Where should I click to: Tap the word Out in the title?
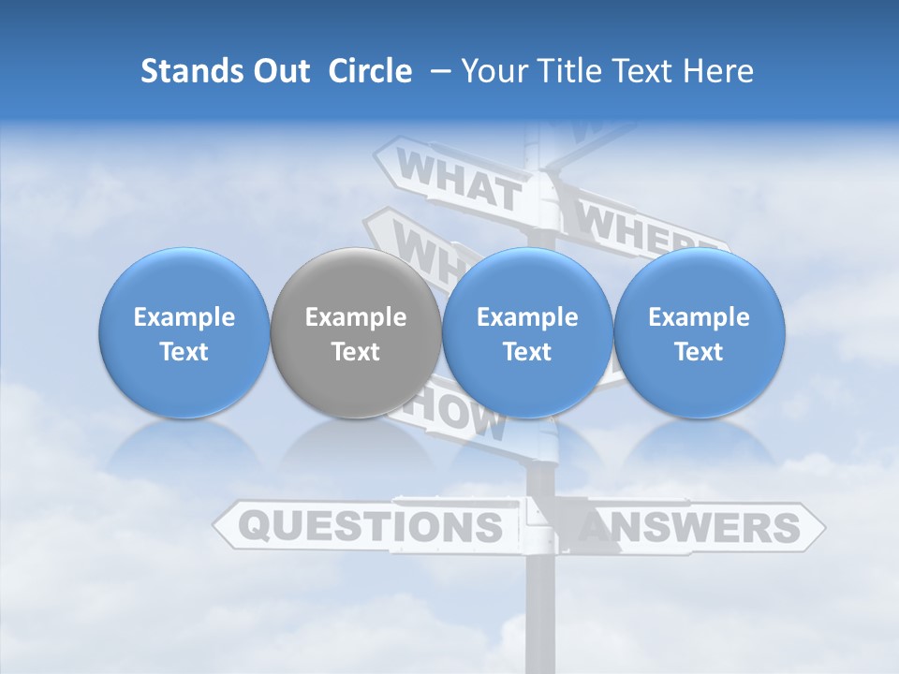click(278, 71)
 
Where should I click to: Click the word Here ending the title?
click(719, 71)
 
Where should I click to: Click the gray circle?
click(355, 332)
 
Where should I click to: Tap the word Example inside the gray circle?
click(355, 317)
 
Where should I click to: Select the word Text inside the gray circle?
click(355, 352)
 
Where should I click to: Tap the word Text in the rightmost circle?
click(699, 352)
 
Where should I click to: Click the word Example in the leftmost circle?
click(184, 317)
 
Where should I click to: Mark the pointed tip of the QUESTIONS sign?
click(215, 526)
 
